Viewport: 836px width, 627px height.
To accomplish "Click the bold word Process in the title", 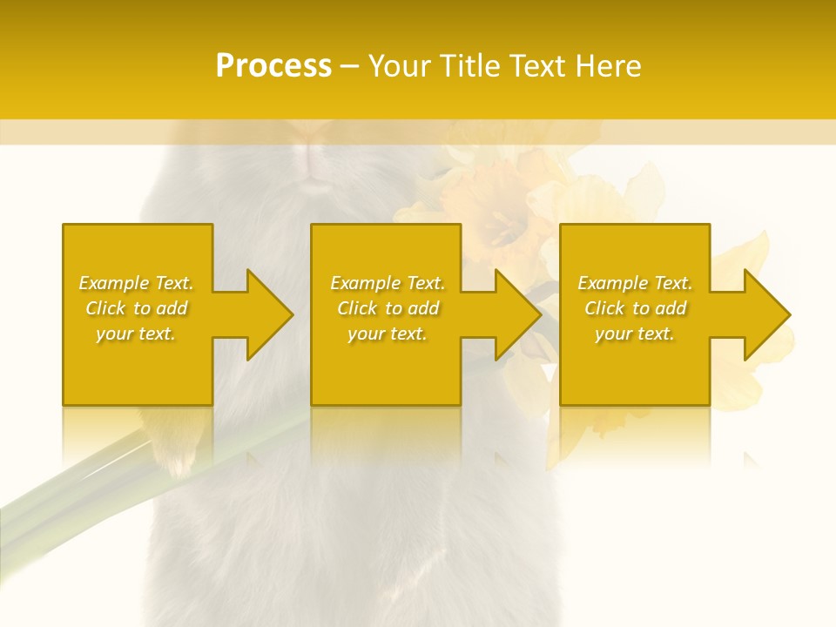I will coord(273,66).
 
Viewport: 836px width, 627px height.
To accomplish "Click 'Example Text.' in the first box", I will coord(136,283).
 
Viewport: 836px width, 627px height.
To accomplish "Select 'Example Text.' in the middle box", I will coord(388,283).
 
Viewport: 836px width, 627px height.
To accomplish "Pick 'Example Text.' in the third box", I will coord(635,283).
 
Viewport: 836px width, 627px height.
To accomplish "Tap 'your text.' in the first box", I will coord(136,334).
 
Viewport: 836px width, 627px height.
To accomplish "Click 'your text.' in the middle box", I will coord(388,334).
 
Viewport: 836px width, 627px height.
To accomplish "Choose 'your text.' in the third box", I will coord(635,334).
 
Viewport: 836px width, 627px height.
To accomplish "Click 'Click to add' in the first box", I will coord(136,308).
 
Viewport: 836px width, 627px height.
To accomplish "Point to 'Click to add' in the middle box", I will coord(388,308).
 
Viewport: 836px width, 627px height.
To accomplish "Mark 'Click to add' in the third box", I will coord(635,308).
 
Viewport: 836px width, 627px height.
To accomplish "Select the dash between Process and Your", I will coord(349,66).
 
